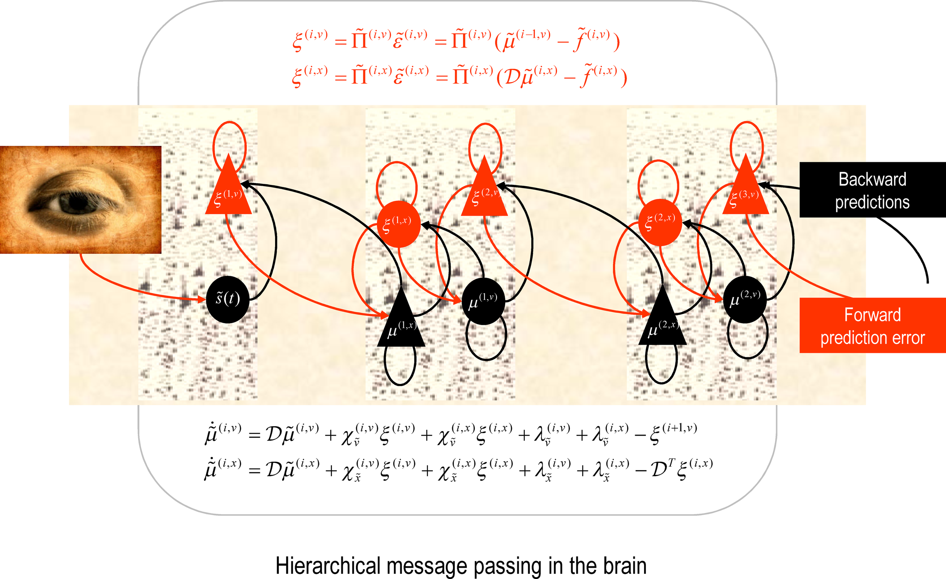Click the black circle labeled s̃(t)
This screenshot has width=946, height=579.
228,299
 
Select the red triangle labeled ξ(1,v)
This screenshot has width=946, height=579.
229,194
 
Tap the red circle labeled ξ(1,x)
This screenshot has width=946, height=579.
398,224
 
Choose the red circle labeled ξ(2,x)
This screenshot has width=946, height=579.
660,222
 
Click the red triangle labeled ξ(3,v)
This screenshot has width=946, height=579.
745,194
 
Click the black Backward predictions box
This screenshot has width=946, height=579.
872,190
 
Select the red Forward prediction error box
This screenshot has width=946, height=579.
872,325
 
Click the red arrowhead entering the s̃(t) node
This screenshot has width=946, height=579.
202,299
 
